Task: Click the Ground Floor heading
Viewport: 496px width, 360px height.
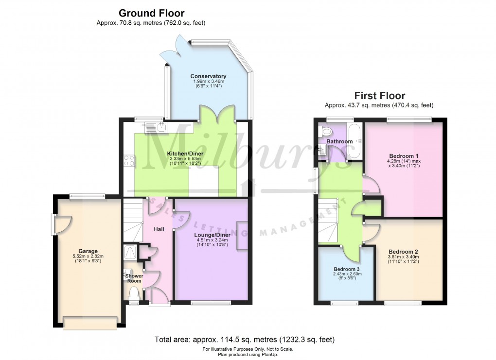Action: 151,13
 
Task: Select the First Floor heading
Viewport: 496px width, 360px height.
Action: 379,96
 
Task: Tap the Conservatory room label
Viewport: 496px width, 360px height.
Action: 208,76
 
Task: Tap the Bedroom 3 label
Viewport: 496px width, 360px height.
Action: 347,269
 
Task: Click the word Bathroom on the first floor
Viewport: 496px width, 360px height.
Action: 339,141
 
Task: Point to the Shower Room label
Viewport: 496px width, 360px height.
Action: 134,278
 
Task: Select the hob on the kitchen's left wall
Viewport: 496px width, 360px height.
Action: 129,160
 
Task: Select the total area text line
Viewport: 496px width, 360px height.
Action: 244,340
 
